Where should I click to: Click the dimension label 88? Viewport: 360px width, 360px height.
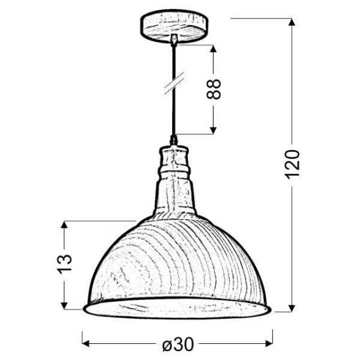click(x=214, y=89)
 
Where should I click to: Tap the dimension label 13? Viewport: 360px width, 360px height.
click(x=65, y=264)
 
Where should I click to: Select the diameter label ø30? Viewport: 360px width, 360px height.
click(x=178, y=344)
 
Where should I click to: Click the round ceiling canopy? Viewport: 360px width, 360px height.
click(x=174, y=26)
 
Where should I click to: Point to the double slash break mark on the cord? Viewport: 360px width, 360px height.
click(x=174, y=83)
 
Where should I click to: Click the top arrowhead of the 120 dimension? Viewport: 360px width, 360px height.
click(x=292, y=22)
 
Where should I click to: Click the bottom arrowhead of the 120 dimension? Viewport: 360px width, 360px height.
click(x=292, y=308)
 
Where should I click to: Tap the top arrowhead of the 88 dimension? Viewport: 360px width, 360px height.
click(x=213, y=49)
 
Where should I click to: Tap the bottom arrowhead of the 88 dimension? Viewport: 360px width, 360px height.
click(x=213, y=130)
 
